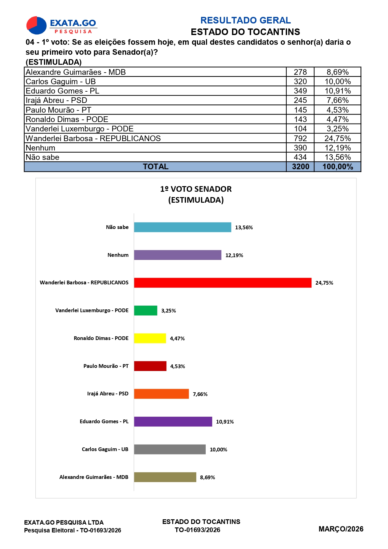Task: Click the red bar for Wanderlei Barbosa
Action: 223,283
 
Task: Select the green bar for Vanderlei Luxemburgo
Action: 146,311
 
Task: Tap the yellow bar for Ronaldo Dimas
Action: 150,338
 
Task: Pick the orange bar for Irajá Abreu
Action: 161,394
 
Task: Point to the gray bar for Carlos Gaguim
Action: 170,450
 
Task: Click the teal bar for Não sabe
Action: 183,227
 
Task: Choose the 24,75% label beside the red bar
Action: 324,283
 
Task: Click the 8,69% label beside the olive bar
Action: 208,477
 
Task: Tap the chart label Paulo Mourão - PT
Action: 106,366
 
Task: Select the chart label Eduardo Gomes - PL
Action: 104,421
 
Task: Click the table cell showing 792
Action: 300,138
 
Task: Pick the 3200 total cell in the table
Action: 300,167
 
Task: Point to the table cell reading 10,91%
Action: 338,91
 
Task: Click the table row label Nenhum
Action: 40,148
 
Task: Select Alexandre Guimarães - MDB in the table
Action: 76,72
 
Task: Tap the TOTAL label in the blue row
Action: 156,167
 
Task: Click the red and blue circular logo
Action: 37,25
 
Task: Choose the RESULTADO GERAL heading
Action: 245,20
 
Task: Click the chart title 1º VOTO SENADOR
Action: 196,189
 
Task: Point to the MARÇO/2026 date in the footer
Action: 341,529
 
